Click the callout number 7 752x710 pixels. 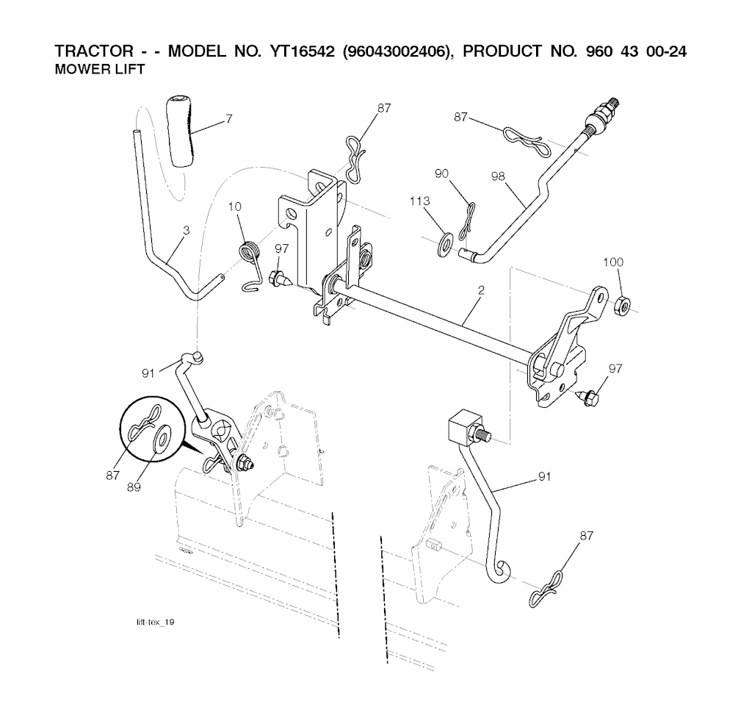(x=229, y=118)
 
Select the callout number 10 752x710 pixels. (x=235, y=207)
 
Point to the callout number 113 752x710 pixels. (x=419, y=201)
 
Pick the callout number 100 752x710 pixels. (x=613, y=262)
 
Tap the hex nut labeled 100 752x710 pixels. (x=622, y=304)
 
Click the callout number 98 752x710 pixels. (x=499, y=176)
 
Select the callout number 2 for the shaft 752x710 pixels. (x=481, y=290)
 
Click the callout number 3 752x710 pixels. (x=187, y=231)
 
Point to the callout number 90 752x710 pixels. (x=441, y=173)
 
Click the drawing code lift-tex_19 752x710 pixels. (x=156, y=622)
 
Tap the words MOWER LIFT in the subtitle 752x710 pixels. (x=100, y=70)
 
